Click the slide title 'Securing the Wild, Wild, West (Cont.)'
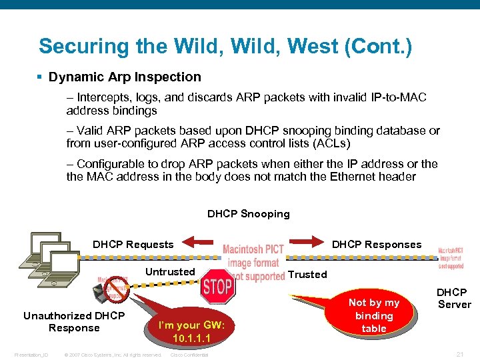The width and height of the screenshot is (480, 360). (x=225, y=46)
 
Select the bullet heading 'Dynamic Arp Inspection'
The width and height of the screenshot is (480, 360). (x=124, y=77)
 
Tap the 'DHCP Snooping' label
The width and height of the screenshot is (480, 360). (x=249, y=214)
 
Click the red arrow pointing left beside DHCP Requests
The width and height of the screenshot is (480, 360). (x=198, y=243)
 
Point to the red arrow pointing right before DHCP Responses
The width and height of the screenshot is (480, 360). (x=306, y=243)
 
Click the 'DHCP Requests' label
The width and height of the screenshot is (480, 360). (x=133, y=245)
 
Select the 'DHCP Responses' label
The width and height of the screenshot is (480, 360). (x=377, y=245)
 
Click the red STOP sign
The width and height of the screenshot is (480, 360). (x=217, y=287)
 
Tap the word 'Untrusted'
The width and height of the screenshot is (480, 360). (x=170, y=271)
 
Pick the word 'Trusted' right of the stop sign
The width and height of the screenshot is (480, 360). (x=307, y=274)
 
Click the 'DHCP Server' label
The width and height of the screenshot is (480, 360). (x=453, y=298)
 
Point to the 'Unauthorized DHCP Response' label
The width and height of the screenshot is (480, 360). (x=74, y=321)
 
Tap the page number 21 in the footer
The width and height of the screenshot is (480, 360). (x=460, y=354)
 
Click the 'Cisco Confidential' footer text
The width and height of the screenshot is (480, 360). (x=189, y=355)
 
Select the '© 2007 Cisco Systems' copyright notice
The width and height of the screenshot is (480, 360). (x=113, y=355)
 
